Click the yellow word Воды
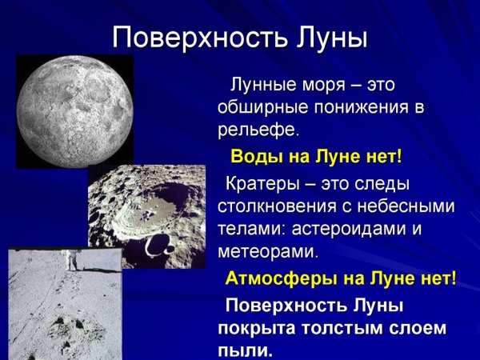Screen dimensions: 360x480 (x=254, y=155)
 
